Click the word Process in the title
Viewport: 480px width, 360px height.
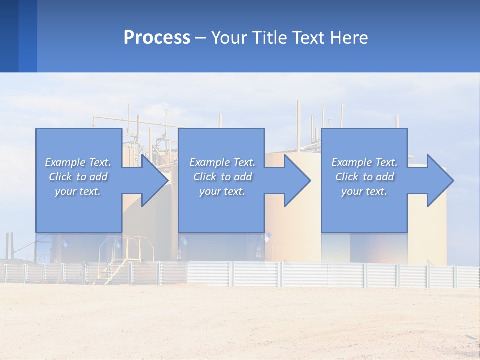pos(157,38)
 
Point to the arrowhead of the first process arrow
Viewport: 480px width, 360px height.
pos(155,180)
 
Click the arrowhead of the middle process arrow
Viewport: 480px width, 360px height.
pos(298,180)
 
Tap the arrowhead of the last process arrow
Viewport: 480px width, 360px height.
pos(441,180)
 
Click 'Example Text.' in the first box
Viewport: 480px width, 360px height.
pos(78,162)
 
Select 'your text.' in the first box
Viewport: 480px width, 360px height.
pos(78,191)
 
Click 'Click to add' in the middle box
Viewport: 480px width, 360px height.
pos(222,177)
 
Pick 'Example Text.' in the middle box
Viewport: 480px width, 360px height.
pos(222,162)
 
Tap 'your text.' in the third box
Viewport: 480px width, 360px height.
pos(364,191)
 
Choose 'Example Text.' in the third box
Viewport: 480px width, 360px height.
pos(364,162)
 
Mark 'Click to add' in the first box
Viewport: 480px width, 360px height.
pos(78,177)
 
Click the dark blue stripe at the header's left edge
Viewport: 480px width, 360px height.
pos(9,36)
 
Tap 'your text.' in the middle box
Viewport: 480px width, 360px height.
pos(222,191)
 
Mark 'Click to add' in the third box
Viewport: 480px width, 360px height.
pos(364,177)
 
